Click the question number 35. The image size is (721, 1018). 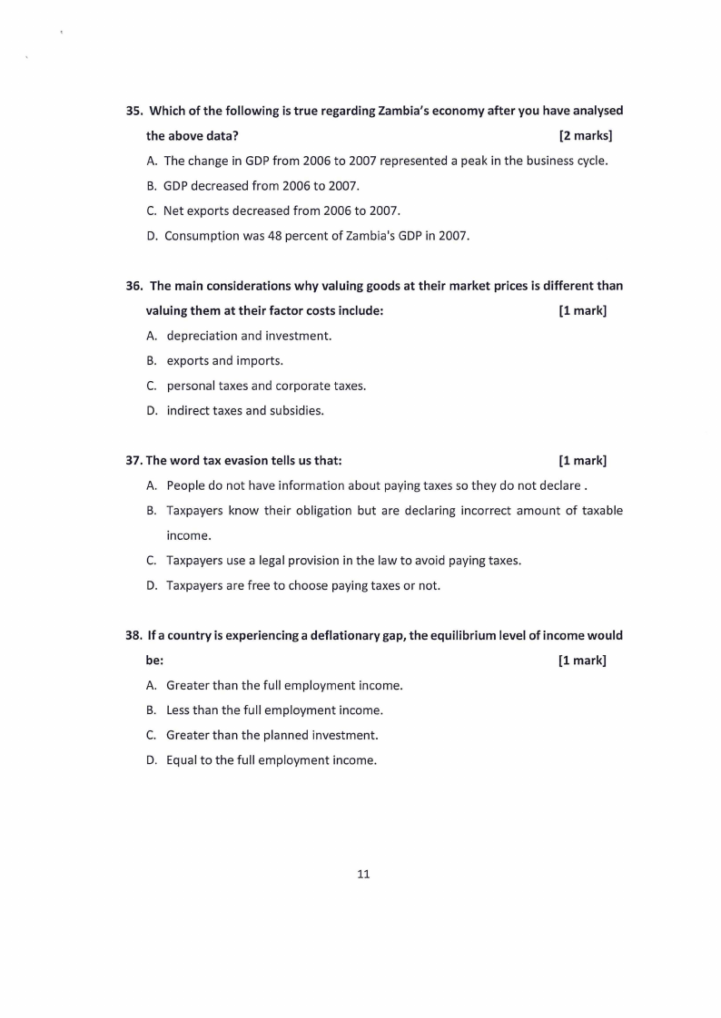tap(133, 112)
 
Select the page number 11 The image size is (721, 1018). tap(363, 875)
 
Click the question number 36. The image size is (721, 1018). tap(133, 286)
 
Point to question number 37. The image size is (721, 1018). tap(133, 460)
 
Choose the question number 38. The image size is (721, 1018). tap(133, 635)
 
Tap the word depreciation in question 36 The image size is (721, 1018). tap(202, 336)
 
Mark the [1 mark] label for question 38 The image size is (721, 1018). tap(582, 660)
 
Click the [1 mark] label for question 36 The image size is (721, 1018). tap(582, 311)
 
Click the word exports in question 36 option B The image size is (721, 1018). tap(187, 360)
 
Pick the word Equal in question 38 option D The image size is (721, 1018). tap(183, 759)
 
